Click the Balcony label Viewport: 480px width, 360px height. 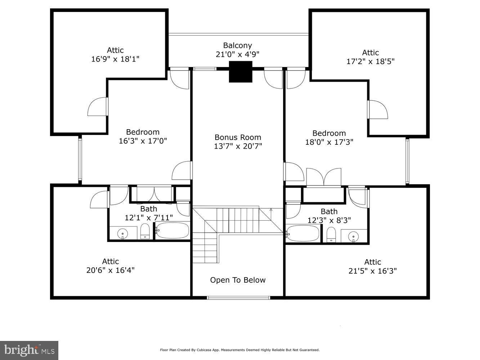pyautogui.click(x=237, y=45)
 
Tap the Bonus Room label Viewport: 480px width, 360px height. pyautogui.click(x=238, y=137)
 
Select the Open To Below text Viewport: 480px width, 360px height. pyautogui.click(x=238, y=280)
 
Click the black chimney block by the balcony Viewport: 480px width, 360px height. pyautogui.click(x=241, y=72)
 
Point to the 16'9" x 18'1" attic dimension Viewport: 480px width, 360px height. pyautogui.click(x=115, y=59)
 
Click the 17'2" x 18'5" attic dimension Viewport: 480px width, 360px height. pyautogui.click(x=370, y=61)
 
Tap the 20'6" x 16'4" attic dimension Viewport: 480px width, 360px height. pyautogui.click(x=110, y=270)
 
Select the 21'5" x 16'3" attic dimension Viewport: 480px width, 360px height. pyautogui.click(x=372, y=271)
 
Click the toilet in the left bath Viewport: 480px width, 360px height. pyautogui.click(x=145, y=231)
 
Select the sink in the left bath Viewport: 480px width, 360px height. pyautogui.click(x=123, y=233)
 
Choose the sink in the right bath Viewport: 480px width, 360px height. pyautogui.click(x=354, y=237)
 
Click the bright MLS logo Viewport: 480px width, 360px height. pyautogui.click(x=29, y=350)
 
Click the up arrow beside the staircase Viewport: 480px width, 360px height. pyautogui.click(x=271, y=210)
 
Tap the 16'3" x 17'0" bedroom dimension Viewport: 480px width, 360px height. pyautogui.click(x=143, y=141)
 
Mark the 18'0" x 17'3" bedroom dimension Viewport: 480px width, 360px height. pyautogui.click(x=329, y=142)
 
